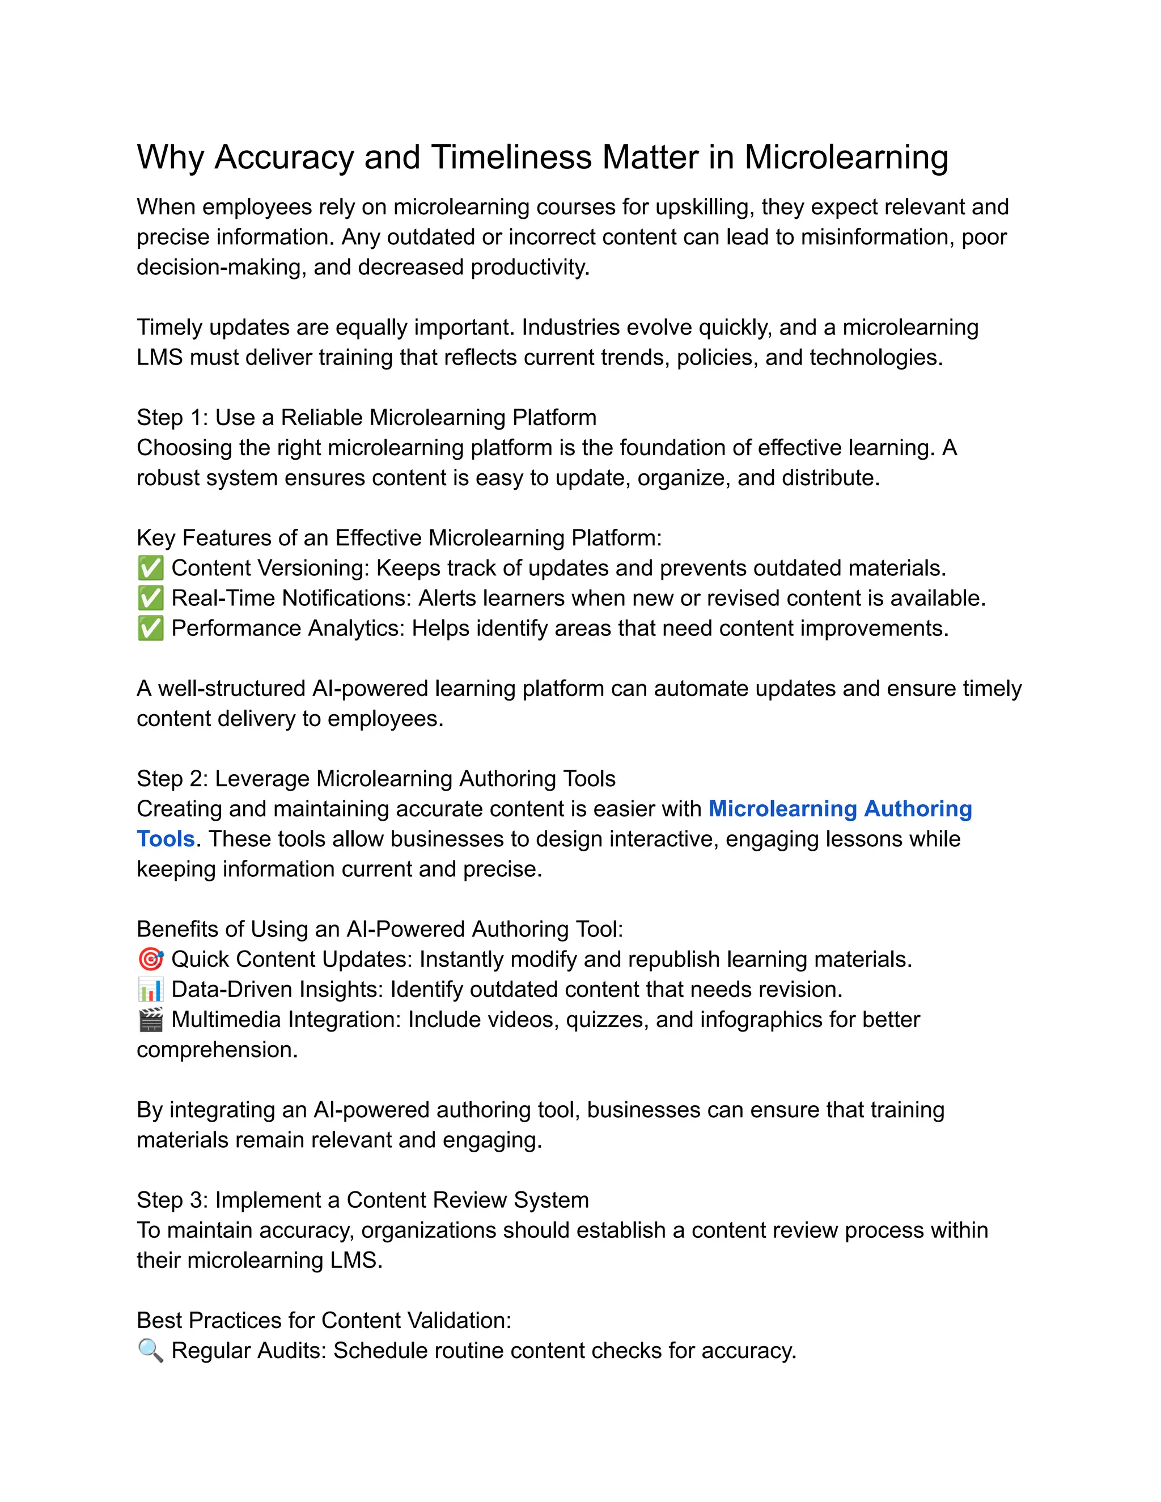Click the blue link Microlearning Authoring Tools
[839, 809]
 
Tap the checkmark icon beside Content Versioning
[151, 568]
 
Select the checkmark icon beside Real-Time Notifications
[151, 599]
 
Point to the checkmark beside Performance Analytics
[151, 629]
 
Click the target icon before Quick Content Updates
[151, 960]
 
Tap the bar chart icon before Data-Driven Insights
[151, 990]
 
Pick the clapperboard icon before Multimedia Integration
[151, 1020]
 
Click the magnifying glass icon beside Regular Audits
[151, 1351]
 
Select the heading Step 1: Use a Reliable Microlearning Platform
[366, 418]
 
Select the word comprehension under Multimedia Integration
[216, 1050]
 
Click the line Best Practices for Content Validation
[324, 1321]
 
